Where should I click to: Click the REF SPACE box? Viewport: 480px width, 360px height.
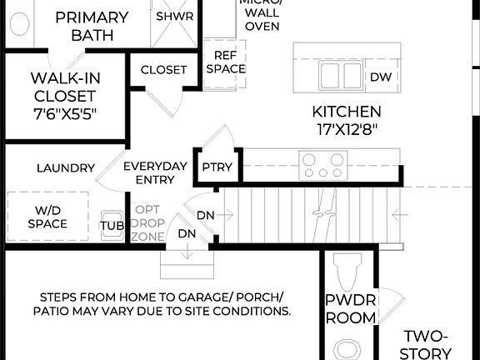pos(226,62)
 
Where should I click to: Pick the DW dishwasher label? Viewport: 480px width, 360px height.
pos(380,77)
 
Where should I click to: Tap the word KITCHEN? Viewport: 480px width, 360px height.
pos(347,112)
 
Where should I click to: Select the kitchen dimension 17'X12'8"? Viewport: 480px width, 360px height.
pos(347,129)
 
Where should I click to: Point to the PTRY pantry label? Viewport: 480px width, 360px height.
pos(217,167)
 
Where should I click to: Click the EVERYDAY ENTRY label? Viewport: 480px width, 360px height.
pos(155,172)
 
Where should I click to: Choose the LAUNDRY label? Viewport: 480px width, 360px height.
pos(65,167)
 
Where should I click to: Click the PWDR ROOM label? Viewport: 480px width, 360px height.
pos(350,309)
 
